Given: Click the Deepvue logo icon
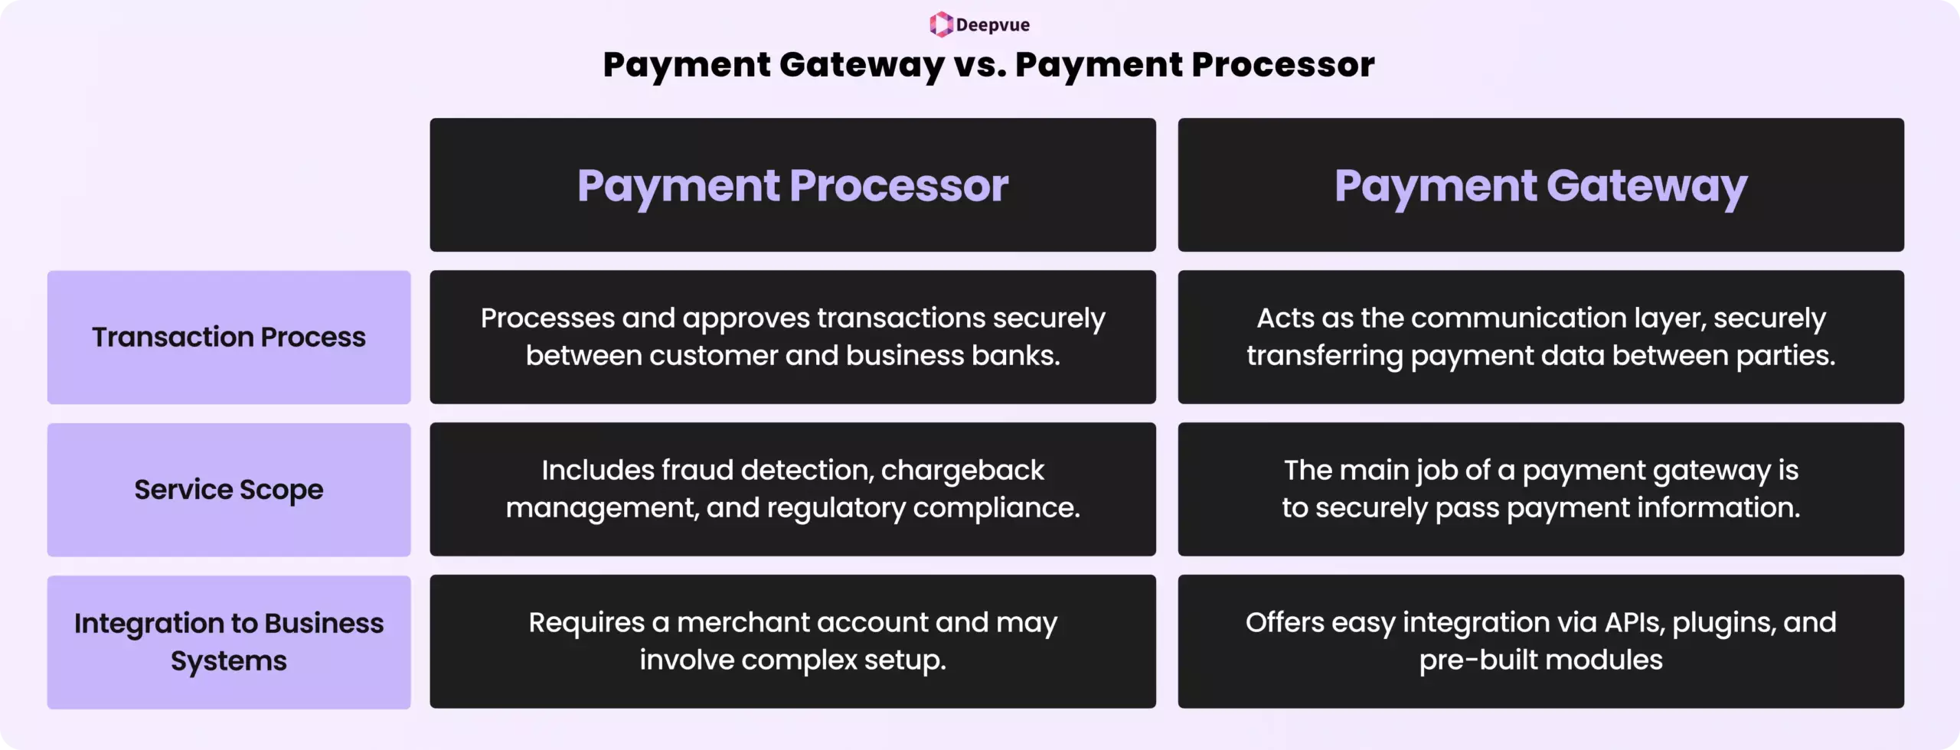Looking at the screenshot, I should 941,24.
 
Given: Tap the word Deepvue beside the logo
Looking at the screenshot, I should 992,25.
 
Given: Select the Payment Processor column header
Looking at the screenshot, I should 792,185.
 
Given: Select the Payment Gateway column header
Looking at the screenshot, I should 1540,185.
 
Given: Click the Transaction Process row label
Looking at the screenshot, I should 229,337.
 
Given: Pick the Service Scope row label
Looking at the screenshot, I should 229,490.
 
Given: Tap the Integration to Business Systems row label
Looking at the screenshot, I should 229,642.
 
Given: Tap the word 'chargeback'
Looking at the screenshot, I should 962,471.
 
